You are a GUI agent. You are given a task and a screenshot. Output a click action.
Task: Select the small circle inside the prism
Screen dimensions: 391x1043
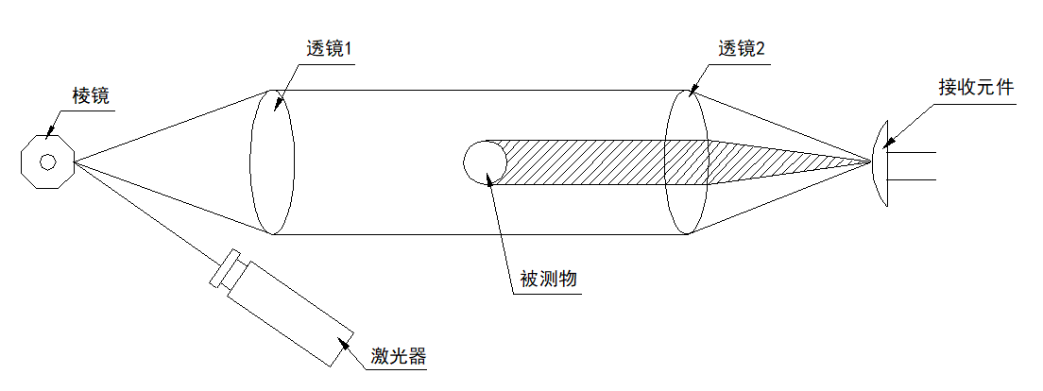47,160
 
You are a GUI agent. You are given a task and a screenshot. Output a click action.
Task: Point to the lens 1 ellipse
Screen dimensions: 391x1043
271,161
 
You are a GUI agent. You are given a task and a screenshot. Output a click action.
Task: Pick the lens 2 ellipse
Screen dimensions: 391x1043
686,161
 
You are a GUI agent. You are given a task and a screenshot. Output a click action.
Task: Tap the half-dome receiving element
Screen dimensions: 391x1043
881,162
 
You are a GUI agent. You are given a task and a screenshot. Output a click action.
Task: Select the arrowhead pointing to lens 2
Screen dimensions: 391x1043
692,93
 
